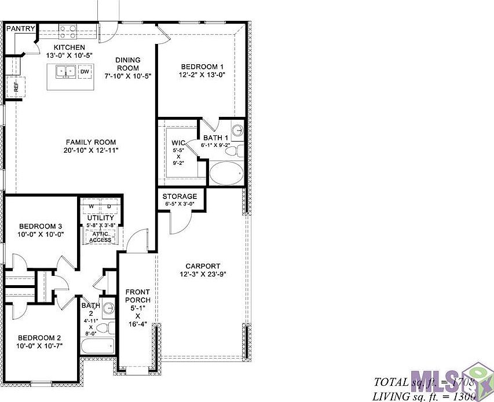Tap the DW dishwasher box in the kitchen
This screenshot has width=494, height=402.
(x=85, y=72)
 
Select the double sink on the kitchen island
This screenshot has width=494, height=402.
(x=65, y=72)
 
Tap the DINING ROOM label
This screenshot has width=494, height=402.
(x=127, y=64)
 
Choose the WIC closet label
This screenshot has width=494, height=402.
(x=178, y=142)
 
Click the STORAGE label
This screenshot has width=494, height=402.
(x=180, y=197)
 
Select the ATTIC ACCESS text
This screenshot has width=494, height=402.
(x=100, y=237)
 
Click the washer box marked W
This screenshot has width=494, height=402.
(x=91, y=206)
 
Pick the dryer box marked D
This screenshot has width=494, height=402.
(x=109, y=206)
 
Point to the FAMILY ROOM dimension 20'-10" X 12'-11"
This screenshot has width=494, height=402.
(x=90, y=150)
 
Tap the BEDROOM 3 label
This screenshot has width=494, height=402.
(x=40, y=226)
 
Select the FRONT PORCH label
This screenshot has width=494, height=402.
(x=138, y=296)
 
